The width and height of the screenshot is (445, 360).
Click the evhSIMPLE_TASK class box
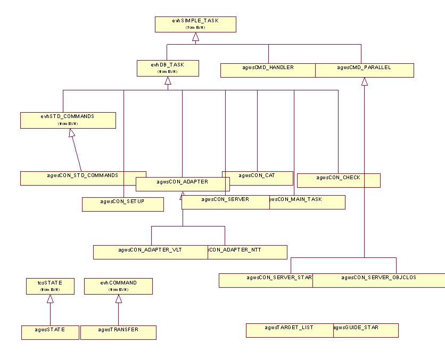click(195, 24)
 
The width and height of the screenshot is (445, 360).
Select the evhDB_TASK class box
click(168, 68)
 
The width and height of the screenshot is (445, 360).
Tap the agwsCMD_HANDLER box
click(268, 70)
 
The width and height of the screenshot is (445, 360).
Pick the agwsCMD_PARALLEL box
click(365, 70)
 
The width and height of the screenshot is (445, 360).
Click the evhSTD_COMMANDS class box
click(68, 120)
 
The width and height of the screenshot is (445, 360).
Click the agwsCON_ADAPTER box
click(183, 184)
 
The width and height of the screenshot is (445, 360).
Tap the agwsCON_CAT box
click(258, 178)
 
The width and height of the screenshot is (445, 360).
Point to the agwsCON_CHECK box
click(339, 180)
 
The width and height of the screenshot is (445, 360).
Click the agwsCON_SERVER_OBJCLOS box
click(378, 280)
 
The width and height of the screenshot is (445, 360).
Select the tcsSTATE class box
click(50, 286)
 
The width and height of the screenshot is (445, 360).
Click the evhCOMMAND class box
click(118, 286)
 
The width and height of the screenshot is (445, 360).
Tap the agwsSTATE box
click(50, 332)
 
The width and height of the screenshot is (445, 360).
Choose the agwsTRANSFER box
click(118, 332)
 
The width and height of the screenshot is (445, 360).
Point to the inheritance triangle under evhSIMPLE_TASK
click(195, 37)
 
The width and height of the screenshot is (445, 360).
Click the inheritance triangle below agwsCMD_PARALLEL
click(365, 81)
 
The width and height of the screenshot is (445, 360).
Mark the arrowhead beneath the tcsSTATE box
click(50, 299)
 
